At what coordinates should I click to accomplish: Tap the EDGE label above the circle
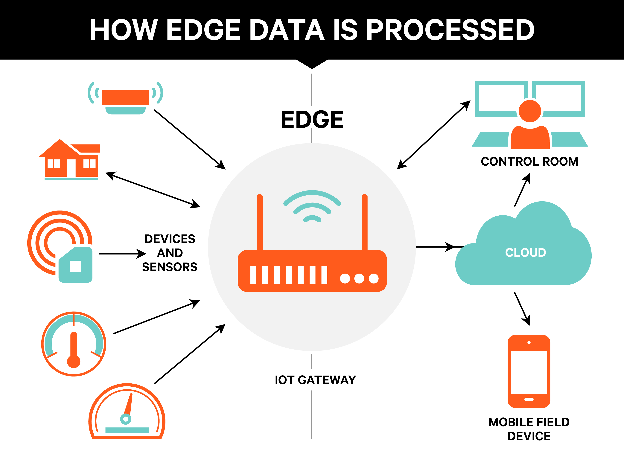point(312,119)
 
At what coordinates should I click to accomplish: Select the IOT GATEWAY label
point(315,380)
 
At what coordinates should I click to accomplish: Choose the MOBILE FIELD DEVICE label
point(529,429)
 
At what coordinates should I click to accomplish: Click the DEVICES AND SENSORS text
point(170,253)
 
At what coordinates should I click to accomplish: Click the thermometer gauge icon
point(74,344)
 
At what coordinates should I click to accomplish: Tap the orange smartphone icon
point(529,371)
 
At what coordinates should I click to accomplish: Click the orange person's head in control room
point(530,111)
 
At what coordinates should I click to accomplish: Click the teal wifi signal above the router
point(312,206)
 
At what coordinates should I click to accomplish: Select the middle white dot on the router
point(359,278)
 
